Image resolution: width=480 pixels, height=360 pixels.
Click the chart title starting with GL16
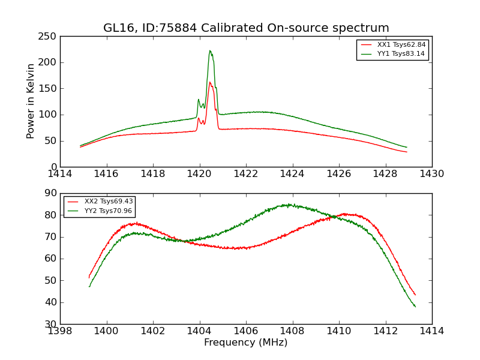pyautogui.click(x=246, y=28)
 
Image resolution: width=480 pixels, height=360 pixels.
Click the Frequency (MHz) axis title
pyautogui.click(x=246, y=343)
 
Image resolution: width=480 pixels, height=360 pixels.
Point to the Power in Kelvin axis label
pyautogui.click(x=31, y=101)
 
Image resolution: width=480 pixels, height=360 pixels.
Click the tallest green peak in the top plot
pyautogui.click(x=210, y=51)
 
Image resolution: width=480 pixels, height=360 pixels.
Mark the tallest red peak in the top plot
pyautogui.click(x=210, y=82)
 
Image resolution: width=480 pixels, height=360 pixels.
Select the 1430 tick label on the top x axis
pyautogui.click(x=432, y=174)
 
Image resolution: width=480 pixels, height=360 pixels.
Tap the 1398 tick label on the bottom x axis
pyautogui.click(x=61, y=331)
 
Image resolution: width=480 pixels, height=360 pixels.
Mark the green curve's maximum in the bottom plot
pyautogui.click(x=289, y=205)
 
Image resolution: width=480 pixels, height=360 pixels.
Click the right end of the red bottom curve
pyautogui.click(x=415, y=295)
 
